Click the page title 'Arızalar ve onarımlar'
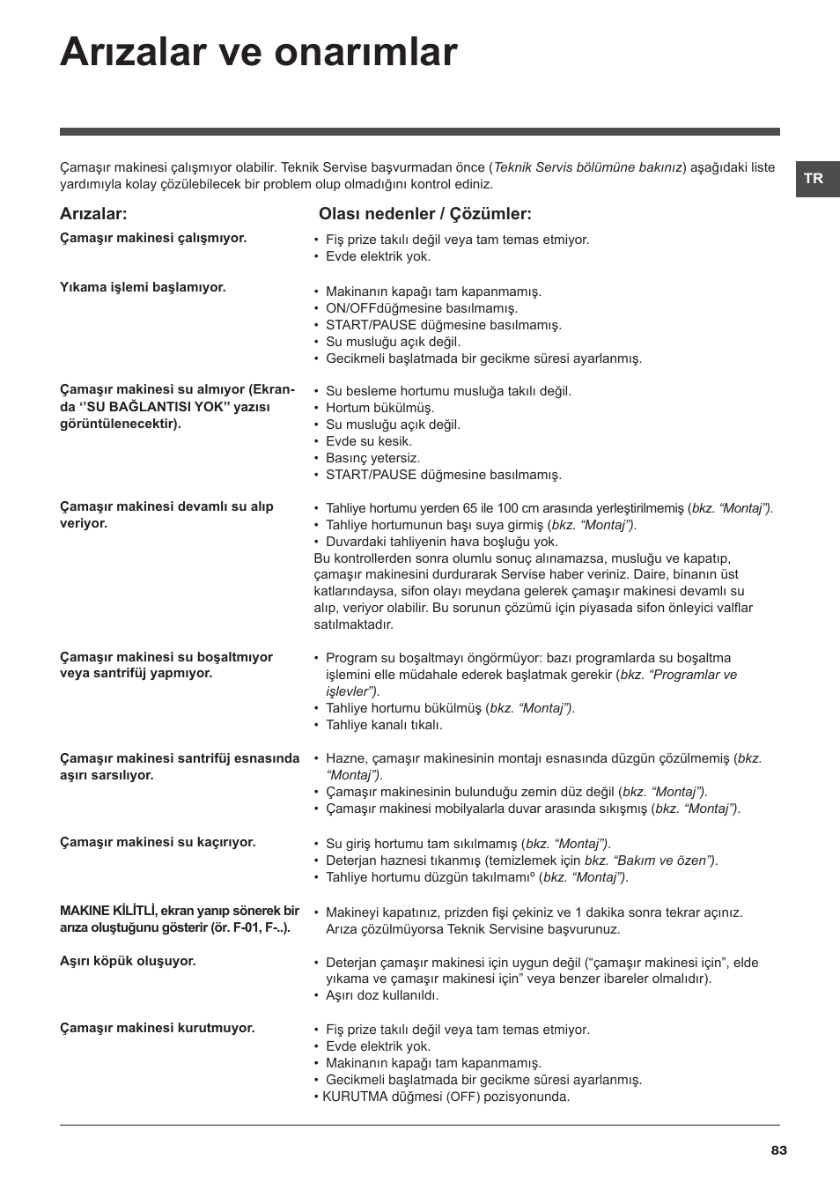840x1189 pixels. tap(259, 53)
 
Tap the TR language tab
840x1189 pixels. tap(814, 179)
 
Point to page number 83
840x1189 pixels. tap(778, 1150)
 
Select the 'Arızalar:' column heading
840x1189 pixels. tap(93, 214)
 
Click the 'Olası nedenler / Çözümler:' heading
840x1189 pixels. tap(425, 214)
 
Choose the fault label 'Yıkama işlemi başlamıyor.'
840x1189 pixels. tap(143, 287)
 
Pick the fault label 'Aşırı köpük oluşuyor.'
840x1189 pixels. tap(128, 961)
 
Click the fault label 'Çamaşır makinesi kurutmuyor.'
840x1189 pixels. tap(157, 1028)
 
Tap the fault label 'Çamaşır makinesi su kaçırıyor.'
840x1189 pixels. tap(158, 842)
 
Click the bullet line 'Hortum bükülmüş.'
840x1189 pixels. tap(380, 408)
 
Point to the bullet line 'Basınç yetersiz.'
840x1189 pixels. tap(373, 458)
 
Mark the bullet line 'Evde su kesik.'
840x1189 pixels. tap(369, 441)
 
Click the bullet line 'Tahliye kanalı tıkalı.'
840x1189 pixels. tap(384, 725)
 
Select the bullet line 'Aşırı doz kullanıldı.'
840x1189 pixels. tap(382, 995)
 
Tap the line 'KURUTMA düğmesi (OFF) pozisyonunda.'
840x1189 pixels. tap(446, 1097)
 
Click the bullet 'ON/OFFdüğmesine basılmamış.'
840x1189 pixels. tap(422, 308)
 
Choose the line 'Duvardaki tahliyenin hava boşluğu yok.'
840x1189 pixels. tap(442, 542)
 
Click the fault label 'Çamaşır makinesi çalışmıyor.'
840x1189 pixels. tap(153, 238)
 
